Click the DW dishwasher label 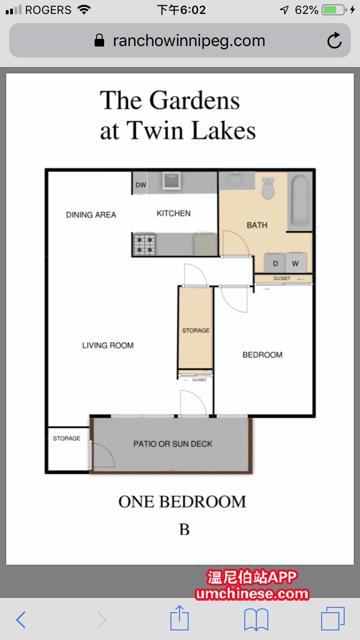click(x=141, y=185)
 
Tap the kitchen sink click(x=171, y=180)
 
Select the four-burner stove click(x=144, y=244)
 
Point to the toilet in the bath click(x=268, y=188)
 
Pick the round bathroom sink click(x=236, y=179)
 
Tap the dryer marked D click(x=275, y=262)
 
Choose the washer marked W click(x=296, y=262)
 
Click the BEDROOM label click(x=263, y=355)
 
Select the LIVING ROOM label click(x=108, y=345)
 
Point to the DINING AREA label click(x=91, y=215)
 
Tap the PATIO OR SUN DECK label click(x=173, y=444)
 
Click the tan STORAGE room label click(x=196, y=331)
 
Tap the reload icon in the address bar click(x=334, y=41)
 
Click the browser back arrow click(x=21, y=620)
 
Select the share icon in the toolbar click(x=180, y=618)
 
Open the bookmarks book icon click(x=256, y=619)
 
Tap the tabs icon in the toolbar click(x=333, y=618)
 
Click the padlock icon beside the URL click(x=99, y=40)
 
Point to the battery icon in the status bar click(x=334, y=10)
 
